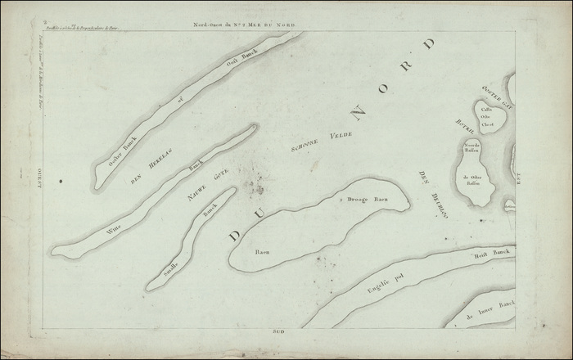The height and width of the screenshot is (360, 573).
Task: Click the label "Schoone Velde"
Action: pos(319,142)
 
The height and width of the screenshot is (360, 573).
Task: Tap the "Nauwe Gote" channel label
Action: pos(207,184)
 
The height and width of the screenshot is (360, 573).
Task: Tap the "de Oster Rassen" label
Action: pos(476,182)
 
